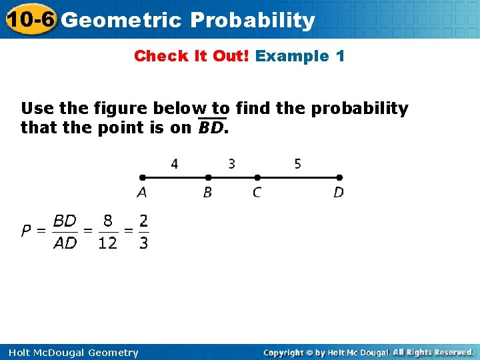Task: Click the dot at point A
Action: pyautogui.click(x=142, y=177)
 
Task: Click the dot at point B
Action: pyautogui.click(x=208, y=177)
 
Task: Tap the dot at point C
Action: pyautogui.click(x=257, y=177)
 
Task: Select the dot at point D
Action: pyautogui.click(x=339, y=177)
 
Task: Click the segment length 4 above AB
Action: pyautogui.click(x=175, y=163)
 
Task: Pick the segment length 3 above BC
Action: pyautogui.click(x=231, y=163)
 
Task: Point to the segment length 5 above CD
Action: pyautogui.click(x=297, y=163)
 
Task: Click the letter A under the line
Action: pyautogui.click(x=142, y=193)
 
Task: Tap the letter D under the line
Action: pyautogui.click(x=339, y=193)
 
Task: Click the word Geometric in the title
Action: pyautogui.click(x=121, y=21)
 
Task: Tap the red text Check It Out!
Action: pyautogui.click(x=192, y=56)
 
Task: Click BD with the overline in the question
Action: pyautogui.click(x=211, y=127)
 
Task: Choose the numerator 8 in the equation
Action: pyautogui.click(x=107, y=220)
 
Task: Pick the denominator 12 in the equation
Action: pyautogui.click(x=107, y=243)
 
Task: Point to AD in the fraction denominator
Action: pyautogui.click(x=65, y=243)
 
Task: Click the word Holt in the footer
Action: pyautogui.click(x=21, y=353)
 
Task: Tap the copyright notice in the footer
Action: pyautogui.click(x=368, y=352)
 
